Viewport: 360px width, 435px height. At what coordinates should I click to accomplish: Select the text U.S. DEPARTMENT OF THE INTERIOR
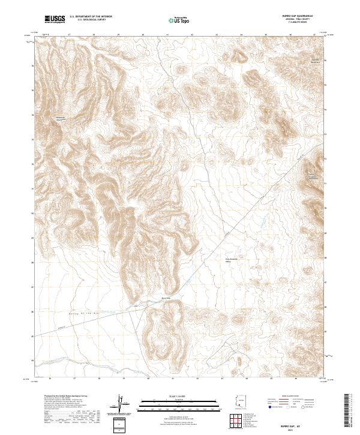pos(91,17)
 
